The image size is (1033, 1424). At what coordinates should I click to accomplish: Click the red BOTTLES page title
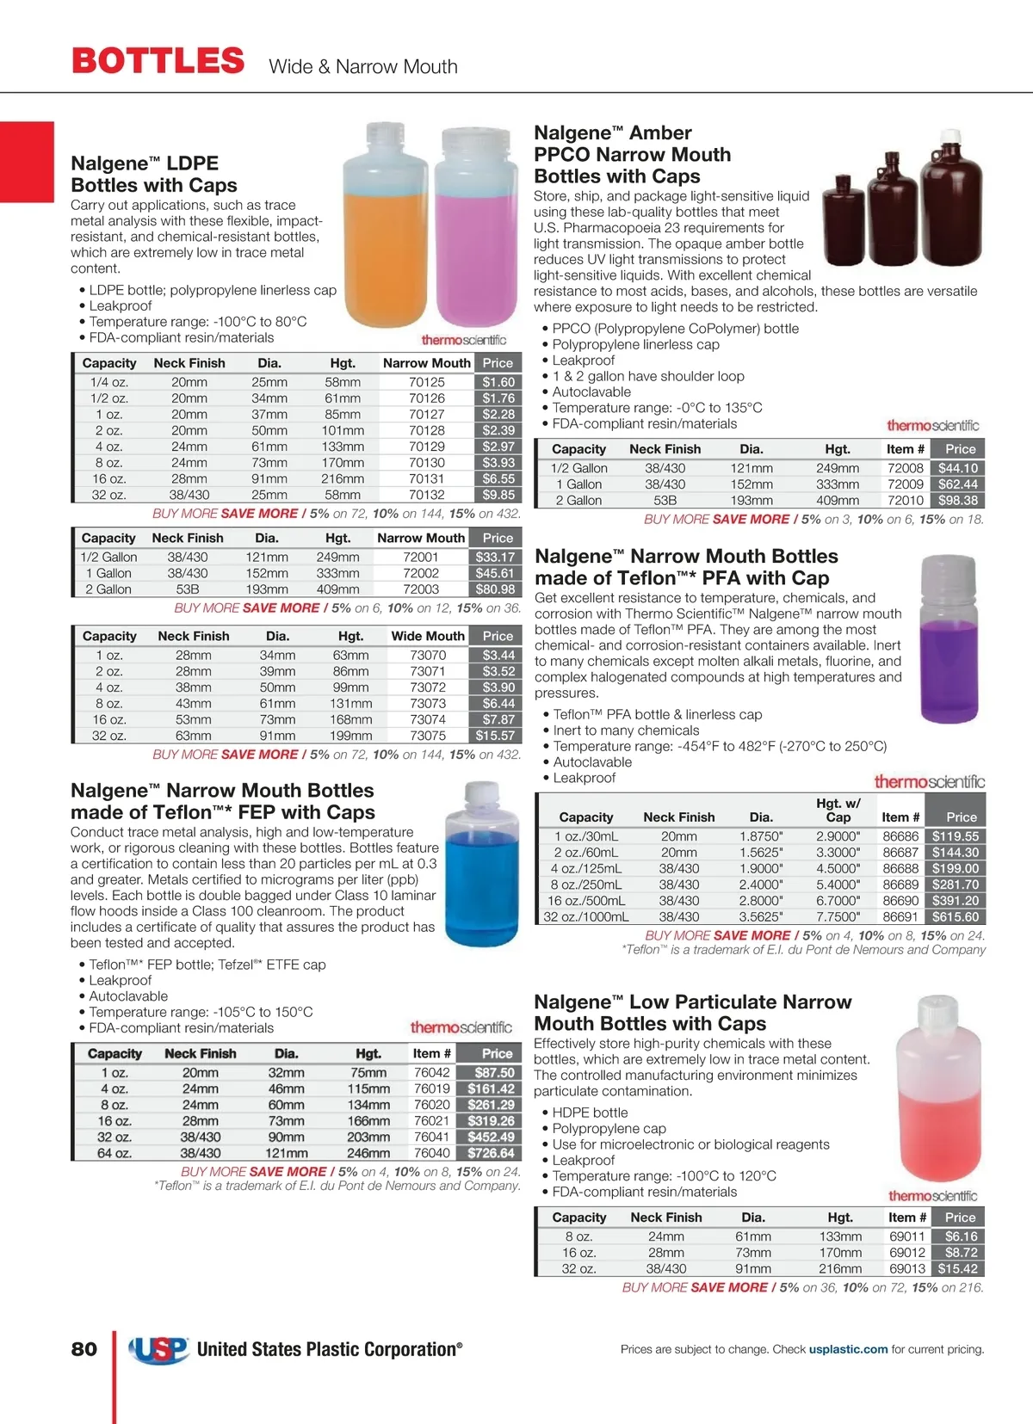158,61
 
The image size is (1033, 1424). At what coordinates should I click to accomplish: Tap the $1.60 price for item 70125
498,382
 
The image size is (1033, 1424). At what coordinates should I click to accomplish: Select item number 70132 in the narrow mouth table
427,495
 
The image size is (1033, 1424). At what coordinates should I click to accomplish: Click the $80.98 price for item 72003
495,589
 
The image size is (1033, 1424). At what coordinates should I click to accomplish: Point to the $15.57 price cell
495,736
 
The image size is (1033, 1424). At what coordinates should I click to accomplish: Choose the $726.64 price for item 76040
491,1153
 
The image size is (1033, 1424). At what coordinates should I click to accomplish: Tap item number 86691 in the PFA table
900,917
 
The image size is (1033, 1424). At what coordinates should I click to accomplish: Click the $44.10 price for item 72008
958,468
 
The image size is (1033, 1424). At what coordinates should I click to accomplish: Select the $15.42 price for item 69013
957,1268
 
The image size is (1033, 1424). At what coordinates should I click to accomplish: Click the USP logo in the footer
159,1349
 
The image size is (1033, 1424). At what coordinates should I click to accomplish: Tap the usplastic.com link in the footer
848,1349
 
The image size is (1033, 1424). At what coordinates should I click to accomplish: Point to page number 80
84,1349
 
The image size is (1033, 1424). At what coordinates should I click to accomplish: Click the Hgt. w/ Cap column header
838,810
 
